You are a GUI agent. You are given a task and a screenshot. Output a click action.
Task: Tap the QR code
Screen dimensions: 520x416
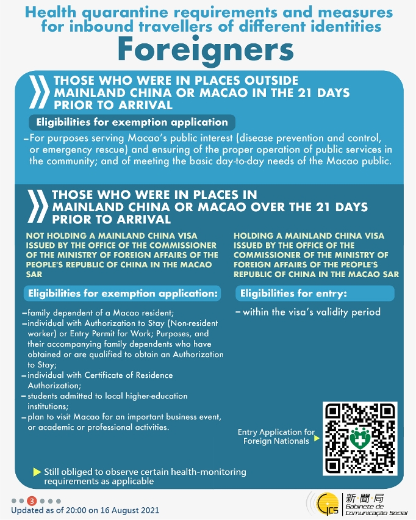click(360, 438)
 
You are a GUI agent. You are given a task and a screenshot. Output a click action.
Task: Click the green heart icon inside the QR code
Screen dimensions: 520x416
click(360, 438)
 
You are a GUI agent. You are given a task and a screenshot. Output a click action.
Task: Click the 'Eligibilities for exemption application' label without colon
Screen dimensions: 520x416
click(132, 122)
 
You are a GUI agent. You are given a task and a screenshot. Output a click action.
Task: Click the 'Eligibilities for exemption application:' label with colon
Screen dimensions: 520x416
click(123, 294)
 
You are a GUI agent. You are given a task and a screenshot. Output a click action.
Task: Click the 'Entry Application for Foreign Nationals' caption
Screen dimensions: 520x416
click(276, 436)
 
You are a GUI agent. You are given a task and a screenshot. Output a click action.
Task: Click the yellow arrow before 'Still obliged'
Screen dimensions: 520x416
click(37, 472)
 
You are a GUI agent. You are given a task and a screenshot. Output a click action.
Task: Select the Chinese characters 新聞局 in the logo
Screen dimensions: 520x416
click(364, 497)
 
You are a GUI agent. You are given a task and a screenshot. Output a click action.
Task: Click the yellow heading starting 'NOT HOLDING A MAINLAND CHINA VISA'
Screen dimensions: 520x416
click(121, 255)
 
